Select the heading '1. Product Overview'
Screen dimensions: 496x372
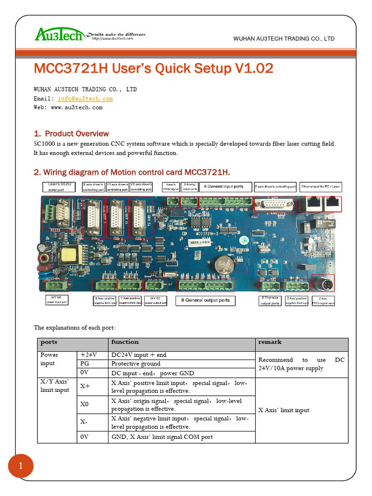71,134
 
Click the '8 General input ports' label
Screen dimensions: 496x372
223,187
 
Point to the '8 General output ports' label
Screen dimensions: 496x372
205,300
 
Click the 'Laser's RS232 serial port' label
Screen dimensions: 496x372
59,187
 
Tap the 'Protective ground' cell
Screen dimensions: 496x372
136,364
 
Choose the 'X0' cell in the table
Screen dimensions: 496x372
84,404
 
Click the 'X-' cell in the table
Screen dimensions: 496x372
84,422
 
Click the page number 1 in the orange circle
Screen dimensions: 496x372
21,466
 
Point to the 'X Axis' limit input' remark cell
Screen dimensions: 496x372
284,410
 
